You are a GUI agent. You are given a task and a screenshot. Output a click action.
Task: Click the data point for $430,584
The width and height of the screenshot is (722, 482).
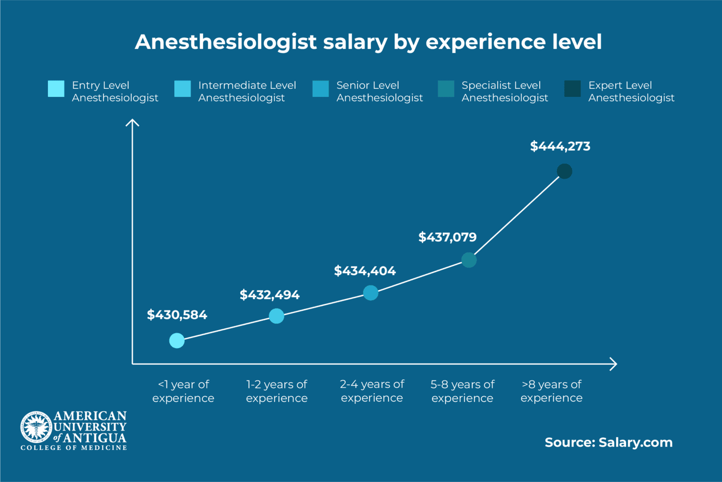[x=177, y=340]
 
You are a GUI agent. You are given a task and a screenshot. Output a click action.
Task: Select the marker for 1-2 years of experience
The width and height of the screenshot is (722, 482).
[x=276, y=316]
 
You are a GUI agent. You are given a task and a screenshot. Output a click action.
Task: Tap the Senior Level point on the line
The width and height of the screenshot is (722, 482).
[x=370, y=293]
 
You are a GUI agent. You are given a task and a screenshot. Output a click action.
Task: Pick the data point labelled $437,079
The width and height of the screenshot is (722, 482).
[x=469, y=260]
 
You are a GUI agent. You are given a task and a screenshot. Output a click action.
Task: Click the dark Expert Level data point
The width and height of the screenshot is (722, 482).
[x=565, y=171]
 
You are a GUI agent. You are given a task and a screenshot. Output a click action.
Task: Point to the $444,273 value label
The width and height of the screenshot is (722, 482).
[x=560, y=146]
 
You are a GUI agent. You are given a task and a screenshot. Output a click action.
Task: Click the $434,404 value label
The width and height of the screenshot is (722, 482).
[x=365, y=271]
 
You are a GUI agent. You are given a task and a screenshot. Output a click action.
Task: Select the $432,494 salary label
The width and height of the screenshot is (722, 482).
[x=269, y=295]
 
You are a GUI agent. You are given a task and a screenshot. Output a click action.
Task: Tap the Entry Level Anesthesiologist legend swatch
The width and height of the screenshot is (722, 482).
[x=56, y=89]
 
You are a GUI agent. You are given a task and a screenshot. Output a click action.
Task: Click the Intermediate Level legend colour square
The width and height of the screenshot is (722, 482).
[x=182, y=89]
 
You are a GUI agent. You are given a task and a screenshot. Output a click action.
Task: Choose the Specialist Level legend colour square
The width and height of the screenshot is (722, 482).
[x=446, y=89]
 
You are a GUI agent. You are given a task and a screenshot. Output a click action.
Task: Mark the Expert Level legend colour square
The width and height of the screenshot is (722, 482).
[x=572, y=89]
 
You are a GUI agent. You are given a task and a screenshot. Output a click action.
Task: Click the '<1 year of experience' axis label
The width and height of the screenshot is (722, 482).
[x=183, y=391]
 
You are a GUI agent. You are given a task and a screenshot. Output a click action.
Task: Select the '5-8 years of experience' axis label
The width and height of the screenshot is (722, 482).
[x=463, y=391]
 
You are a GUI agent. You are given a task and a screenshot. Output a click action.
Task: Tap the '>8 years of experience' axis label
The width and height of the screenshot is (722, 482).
[x=551, y=391]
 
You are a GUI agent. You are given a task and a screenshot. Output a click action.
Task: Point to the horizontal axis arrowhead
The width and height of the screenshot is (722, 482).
[x=613, y=364]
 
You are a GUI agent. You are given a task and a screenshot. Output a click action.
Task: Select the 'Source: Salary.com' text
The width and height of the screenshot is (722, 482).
[x=608, y=442]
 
